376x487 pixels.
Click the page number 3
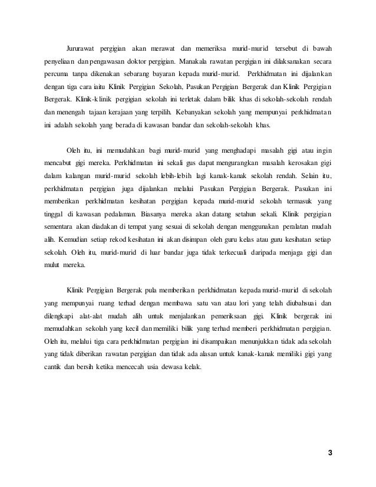[330, 452]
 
